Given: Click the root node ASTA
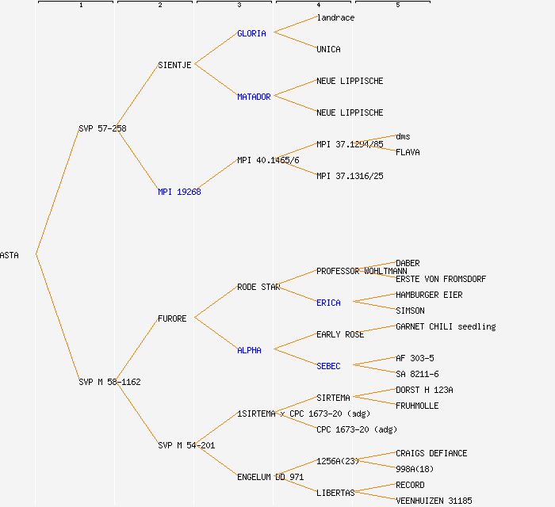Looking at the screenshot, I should pyautogui.click(x=10, y=255).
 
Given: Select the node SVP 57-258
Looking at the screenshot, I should pyautogui.click(x=102, y=128).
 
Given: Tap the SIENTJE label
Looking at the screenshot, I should pyautogui.click(x=174, y=65).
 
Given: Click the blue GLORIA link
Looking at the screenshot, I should pyautogui.click(x=251, y=33).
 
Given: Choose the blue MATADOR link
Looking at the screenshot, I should pyautogui.click(x=254, y=97).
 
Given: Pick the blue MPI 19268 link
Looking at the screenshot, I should pyautogui.click(x=179, y=192).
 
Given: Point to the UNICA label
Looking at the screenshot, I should pyautogui.click(x=328, y=49).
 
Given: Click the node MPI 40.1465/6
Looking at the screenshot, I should pyautogui.click(x=268, y=160).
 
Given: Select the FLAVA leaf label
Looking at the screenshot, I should pyautogui.click(x=408, y=152).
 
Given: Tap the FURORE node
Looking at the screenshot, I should pyautogui.click(x=172, y=318).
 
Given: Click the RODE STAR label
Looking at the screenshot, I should pyautogui.click(x=258, y=287).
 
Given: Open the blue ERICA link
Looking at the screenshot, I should pyautogui.click(x=328, y=303).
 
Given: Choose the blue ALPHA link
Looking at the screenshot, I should pyautogui.click(x=249, y=350).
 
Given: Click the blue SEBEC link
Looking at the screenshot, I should pyautogui.click(x=328, y=366).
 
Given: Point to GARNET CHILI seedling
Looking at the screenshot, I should pyautogui.click(x=446, y=326).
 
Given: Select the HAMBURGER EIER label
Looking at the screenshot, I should pyautogui.click(x=429, y=295).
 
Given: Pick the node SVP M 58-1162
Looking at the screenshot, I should pyautogui.click(x=109, y=382).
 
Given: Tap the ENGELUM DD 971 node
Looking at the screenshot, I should pyautogui.click(x=270, y=477).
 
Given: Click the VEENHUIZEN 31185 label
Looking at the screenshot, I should pyautogui.click(x=434, y=501).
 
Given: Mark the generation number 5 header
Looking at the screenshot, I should pyautogui.click(x=398, y=6).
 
